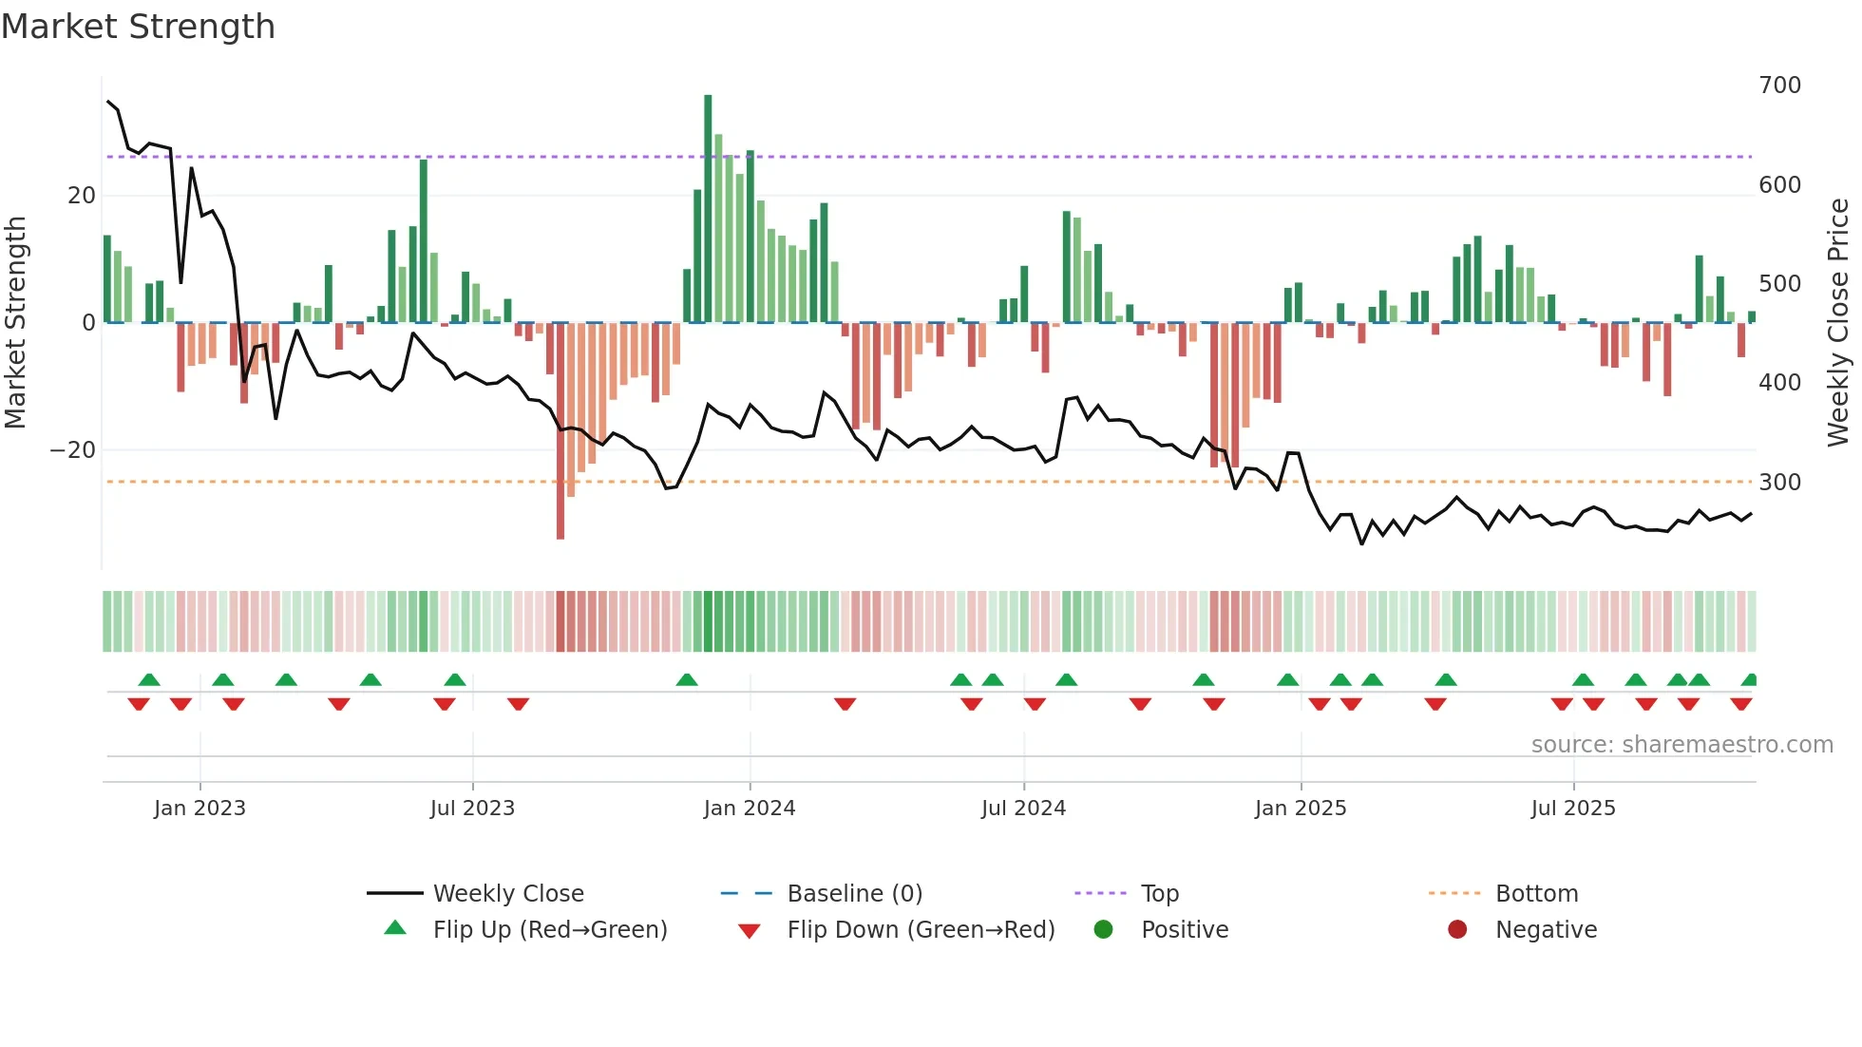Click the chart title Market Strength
point(138,27)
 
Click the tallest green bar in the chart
point(708,209)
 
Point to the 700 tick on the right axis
point(1779,86)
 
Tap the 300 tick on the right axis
point(1779,483)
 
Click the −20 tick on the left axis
point(73,450)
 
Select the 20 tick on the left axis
point(82,196)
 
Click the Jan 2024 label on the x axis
point(750,809)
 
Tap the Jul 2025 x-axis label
point(1573,809)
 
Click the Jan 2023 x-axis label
point(199,809)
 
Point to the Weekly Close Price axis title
point(1838,323)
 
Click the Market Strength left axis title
point(16,323)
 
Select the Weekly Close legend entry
point(507,894)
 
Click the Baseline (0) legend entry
point(854,894)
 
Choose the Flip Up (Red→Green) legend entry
point(549,930)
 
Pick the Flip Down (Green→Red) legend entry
point(920,930)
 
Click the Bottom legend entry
point(1536,894)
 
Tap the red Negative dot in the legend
point(1457,930)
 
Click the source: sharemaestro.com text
point(1681,745)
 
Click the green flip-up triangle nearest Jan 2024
point(687,679)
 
